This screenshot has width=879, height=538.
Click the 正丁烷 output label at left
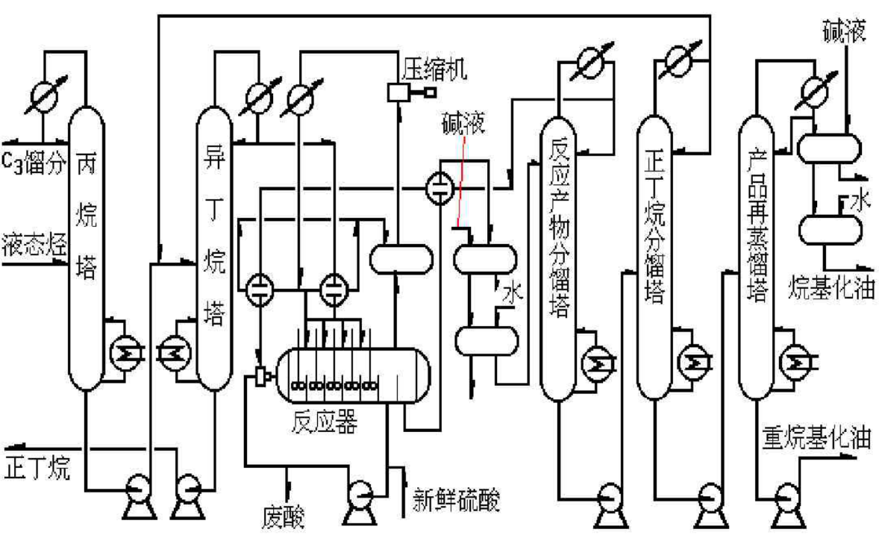(37, 469)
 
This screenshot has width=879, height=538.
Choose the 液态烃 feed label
(32, 243)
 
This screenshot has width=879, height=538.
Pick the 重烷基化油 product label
(816, 437)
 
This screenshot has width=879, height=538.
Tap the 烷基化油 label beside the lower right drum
(830, 287)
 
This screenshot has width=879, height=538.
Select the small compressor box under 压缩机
(396, 93)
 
